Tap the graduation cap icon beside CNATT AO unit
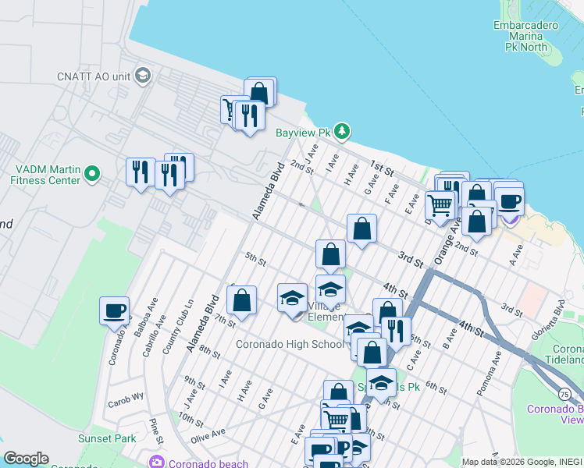[143, 75]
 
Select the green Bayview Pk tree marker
[342, 130]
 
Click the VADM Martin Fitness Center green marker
[92, 173]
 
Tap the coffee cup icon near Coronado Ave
[115, 310]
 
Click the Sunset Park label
[107, 439]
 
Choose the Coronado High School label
[289, 344]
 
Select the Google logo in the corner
[26, 459]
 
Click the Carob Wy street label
[127, 396]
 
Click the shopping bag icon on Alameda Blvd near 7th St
[242, 300]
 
